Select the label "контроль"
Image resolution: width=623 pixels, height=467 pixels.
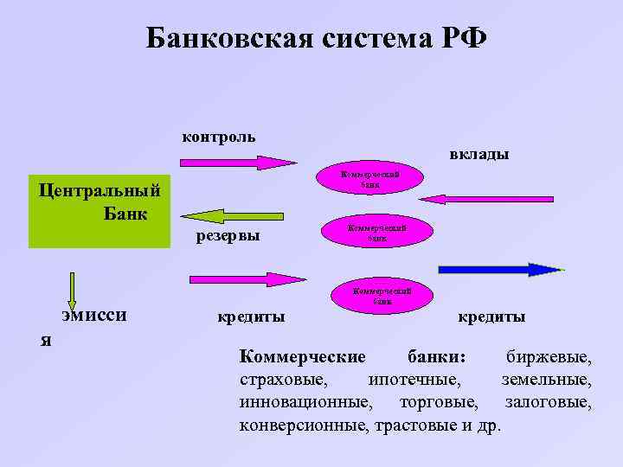click(x=218, y=137)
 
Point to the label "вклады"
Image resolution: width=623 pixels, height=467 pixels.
click(x=478, y=155)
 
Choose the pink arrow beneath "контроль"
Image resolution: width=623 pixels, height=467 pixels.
click(x=238, y=163)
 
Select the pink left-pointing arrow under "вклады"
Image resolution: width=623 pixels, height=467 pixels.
click(x=489, y=199)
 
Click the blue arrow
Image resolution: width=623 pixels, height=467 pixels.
click(x=500, y=269)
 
